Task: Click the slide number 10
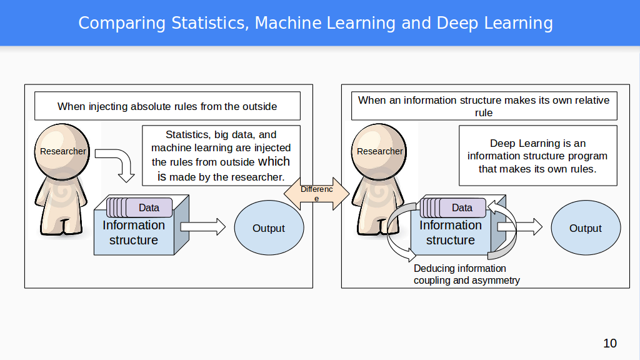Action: tap(610, 343)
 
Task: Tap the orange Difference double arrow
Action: tap(316, 194)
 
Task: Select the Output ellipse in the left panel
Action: tap(269, 228)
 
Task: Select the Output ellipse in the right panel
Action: tap(586, 228)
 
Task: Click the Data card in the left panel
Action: tap(149, 207)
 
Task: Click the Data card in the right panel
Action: tap(462, 207)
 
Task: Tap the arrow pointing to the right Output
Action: tap(520, 227)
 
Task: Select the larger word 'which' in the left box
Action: tap(274, 162)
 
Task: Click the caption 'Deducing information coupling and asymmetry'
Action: tap(466, 274)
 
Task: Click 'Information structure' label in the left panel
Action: tap(134, 232)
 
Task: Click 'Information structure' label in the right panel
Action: tap(451, 232)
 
